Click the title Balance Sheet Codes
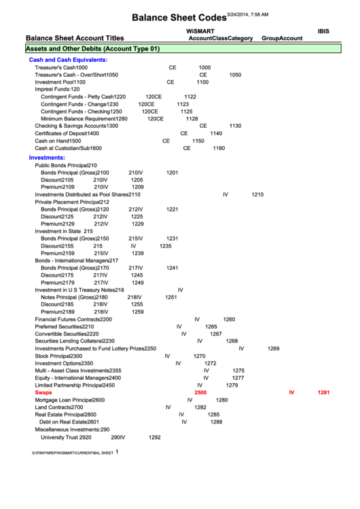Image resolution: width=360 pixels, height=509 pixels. point(178,17)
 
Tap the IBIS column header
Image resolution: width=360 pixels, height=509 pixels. point(324,31)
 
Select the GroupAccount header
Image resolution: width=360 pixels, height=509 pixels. point(282,39)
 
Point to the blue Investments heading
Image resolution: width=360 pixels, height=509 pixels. point(47,158)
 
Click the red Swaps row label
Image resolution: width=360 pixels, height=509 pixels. point(43,393)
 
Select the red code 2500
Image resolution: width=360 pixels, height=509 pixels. point(200,393)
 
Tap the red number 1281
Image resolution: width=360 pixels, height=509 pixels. point(323,393)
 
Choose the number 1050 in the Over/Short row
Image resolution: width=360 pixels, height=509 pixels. point(235,75)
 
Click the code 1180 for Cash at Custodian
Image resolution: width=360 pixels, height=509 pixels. point(219,148)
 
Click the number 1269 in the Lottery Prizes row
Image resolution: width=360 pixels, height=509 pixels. point(273,349)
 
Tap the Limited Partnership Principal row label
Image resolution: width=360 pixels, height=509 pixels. point(75,385)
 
